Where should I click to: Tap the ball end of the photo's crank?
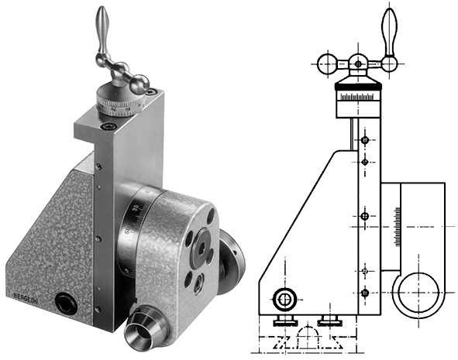(x=140, y=84)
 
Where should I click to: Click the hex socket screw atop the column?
(x=106, y=126)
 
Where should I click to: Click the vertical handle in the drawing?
(x=389, y=31)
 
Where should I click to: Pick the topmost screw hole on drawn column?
(x=364, y=141)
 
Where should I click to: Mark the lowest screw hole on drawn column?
(x=364, y=293)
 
